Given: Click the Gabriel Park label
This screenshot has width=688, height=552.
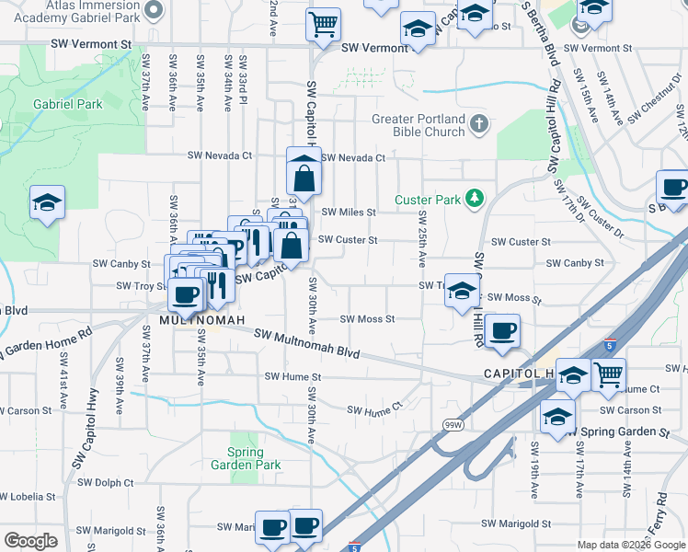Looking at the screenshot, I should pos(68,105).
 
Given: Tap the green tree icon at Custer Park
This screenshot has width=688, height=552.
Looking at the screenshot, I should pos(475,199).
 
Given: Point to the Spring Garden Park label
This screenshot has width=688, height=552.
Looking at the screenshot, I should pos(246,458).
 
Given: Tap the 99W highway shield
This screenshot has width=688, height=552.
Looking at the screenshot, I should pos(453,425).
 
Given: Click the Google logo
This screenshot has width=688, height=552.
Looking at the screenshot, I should pos(30,541).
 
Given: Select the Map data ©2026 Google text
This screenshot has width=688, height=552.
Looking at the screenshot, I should pos(630,545).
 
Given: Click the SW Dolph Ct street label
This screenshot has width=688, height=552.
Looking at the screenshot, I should pos(105,482).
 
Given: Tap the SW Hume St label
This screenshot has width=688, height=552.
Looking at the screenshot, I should pos(292,377).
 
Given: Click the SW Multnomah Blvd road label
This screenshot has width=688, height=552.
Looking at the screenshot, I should pos(305,345).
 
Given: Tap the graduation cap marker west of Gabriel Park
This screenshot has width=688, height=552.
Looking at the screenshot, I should pos(46,203).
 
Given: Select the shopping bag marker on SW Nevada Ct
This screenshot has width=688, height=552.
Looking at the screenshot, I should pos(304,171).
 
